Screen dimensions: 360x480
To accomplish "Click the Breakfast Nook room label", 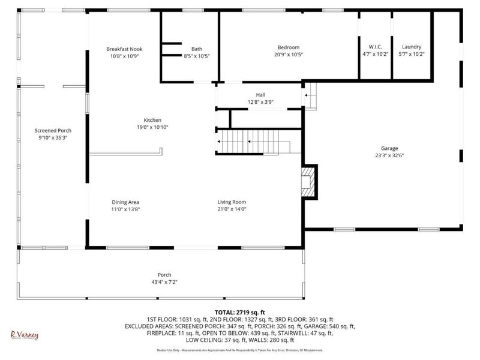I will tap(124, 49).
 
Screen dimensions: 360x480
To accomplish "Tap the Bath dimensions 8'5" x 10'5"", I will tap(196, 56).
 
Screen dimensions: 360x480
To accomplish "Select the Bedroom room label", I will tap(288, 47).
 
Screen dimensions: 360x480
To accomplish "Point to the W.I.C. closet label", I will tap(375, 47).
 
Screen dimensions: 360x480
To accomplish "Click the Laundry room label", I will tap(411, 47).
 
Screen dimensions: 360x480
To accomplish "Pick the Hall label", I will tap(260, 94).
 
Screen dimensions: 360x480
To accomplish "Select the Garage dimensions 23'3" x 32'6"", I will tap(389, 155).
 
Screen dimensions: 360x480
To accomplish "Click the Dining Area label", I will tap(125, 202).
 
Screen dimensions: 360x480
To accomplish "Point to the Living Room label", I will tap(232, 202).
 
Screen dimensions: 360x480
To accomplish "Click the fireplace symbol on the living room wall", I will tap(308, 179).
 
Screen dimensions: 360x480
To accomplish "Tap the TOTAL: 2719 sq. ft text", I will tap(240, 312).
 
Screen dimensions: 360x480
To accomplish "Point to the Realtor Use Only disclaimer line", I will tap(240, 350).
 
